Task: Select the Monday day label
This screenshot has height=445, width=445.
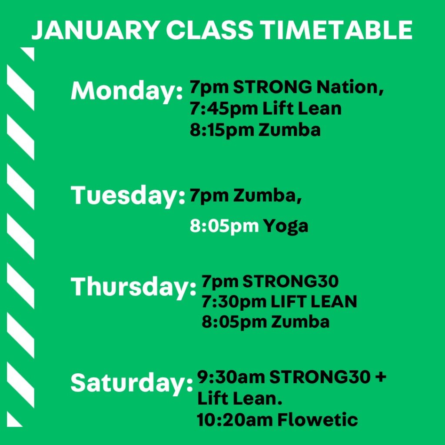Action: (126, 91)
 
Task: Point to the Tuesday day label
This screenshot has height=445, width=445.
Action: (128, 196)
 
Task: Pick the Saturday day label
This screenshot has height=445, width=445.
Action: (132, 383)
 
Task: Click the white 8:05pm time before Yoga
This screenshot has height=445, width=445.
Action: (224, 226)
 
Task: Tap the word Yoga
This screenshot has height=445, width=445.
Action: (286, 226)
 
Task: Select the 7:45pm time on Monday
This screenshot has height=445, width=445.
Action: (223, 109)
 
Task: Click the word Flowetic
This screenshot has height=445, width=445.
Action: (317, 420)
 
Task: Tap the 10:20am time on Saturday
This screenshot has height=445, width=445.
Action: (235, 420)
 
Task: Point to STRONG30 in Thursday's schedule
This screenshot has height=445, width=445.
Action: (291, 281)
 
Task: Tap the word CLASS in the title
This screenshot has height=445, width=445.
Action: (209, 30)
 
